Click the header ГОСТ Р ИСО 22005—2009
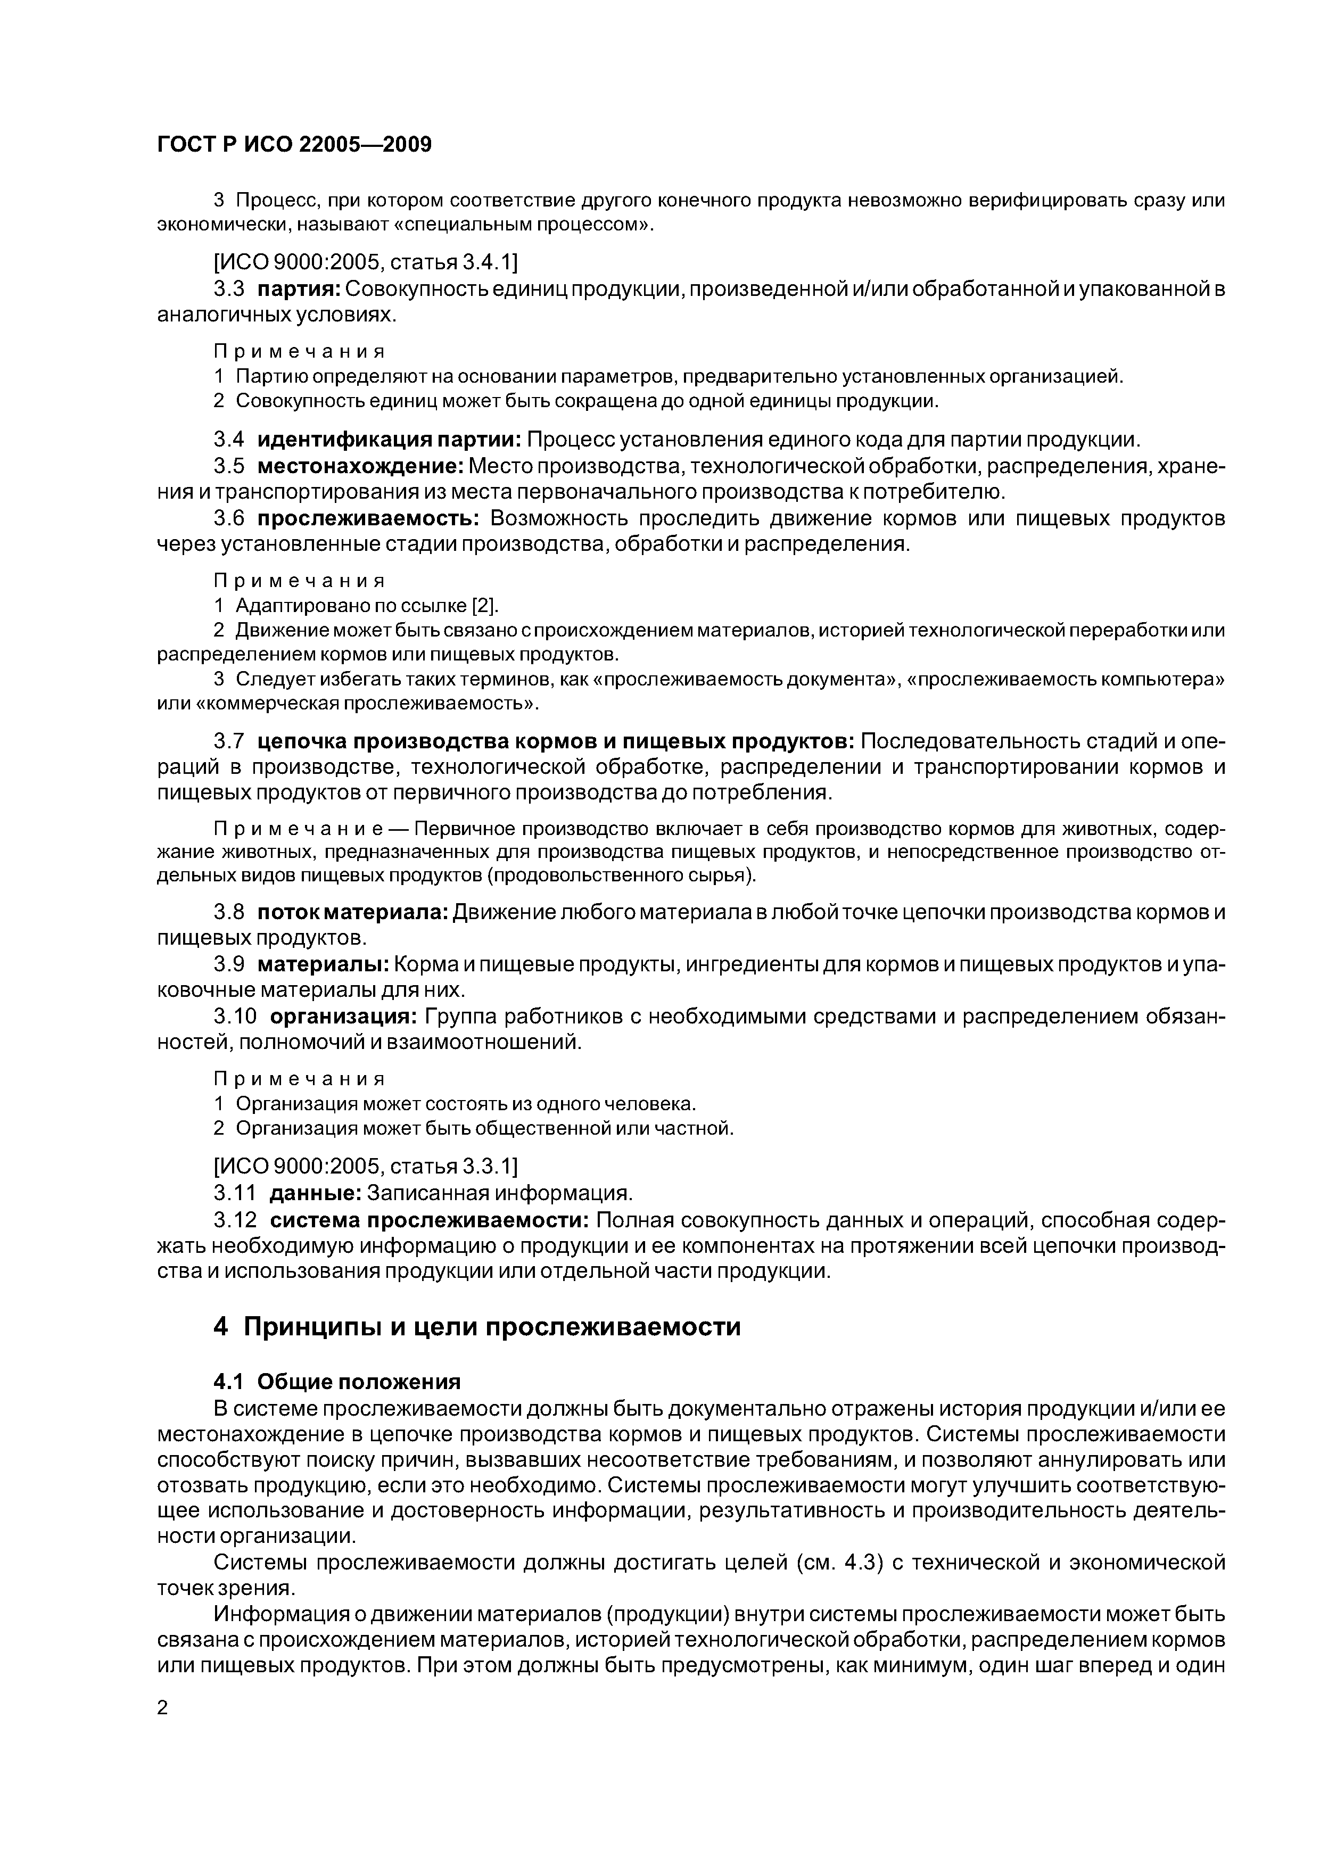point(294,145)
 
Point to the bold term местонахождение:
point(360,467)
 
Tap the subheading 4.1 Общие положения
point(337,1382)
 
